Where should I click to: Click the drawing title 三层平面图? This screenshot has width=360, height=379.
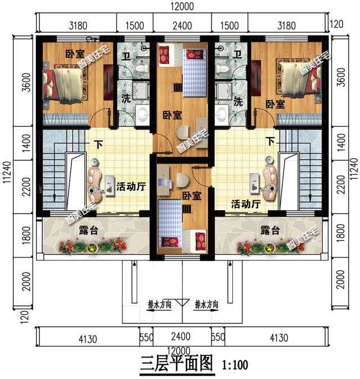point(177,364)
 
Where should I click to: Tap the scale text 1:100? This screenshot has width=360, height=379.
point(235,365)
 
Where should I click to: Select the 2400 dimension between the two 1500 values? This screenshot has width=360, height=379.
point(182,26)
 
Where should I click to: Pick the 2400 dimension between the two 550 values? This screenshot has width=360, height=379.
point(181,336)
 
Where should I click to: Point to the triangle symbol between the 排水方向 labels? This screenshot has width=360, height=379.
point(182,303)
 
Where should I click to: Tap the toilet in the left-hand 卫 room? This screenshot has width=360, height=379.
point(142,68)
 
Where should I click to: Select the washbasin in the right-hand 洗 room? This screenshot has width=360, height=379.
point(220,113)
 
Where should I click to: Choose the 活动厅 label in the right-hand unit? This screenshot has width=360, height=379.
point(246,204)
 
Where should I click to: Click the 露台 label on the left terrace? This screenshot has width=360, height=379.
point(88,231)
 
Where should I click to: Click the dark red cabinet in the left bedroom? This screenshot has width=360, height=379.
point(109,82)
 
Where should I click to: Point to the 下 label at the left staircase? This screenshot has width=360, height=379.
point(99,145)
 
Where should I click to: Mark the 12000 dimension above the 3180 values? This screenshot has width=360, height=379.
point(182,6)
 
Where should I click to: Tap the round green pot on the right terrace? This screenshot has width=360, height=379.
point(269,248)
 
